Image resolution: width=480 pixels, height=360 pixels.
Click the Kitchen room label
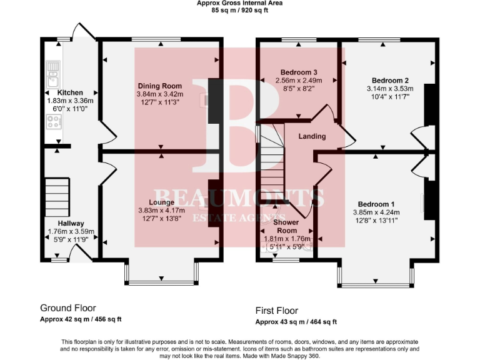click(70, 92)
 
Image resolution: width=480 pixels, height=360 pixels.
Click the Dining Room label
click(159, 86)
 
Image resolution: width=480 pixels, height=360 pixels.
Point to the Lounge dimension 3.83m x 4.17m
click(159, 211)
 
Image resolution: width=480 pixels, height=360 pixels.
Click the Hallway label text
click(71, 223)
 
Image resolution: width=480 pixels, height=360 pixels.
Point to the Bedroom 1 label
click(376, 204)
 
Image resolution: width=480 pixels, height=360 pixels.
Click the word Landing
click(311, 136)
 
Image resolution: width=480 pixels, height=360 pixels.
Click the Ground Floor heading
click(67, 308)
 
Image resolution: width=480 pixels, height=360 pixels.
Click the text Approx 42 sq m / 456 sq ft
click(81, 319)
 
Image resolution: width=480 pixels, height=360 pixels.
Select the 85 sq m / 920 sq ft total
click(239, 10)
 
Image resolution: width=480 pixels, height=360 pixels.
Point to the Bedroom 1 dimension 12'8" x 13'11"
click(376, 220)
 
